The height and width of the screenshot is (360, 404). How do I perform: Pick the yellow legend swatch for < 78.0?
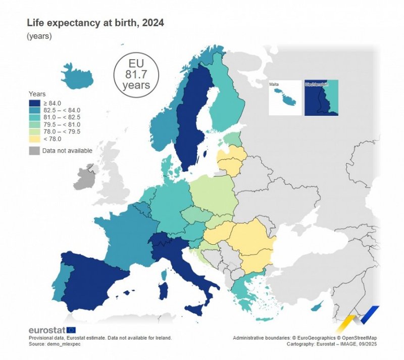[34, 139]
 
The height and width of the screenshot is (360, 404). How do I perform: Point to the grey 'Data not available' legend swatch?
[34, 151]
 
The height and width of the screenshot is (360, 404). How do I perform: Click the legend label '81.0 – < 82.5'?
[62, 117]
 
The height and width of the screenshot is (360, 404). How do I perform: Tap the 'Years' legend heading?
[37, 94]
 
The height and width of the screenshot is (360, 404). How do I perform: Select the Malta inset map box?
[285, 98]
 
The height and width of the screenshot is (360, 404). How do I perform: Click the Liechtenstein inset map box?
[321, 98]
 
